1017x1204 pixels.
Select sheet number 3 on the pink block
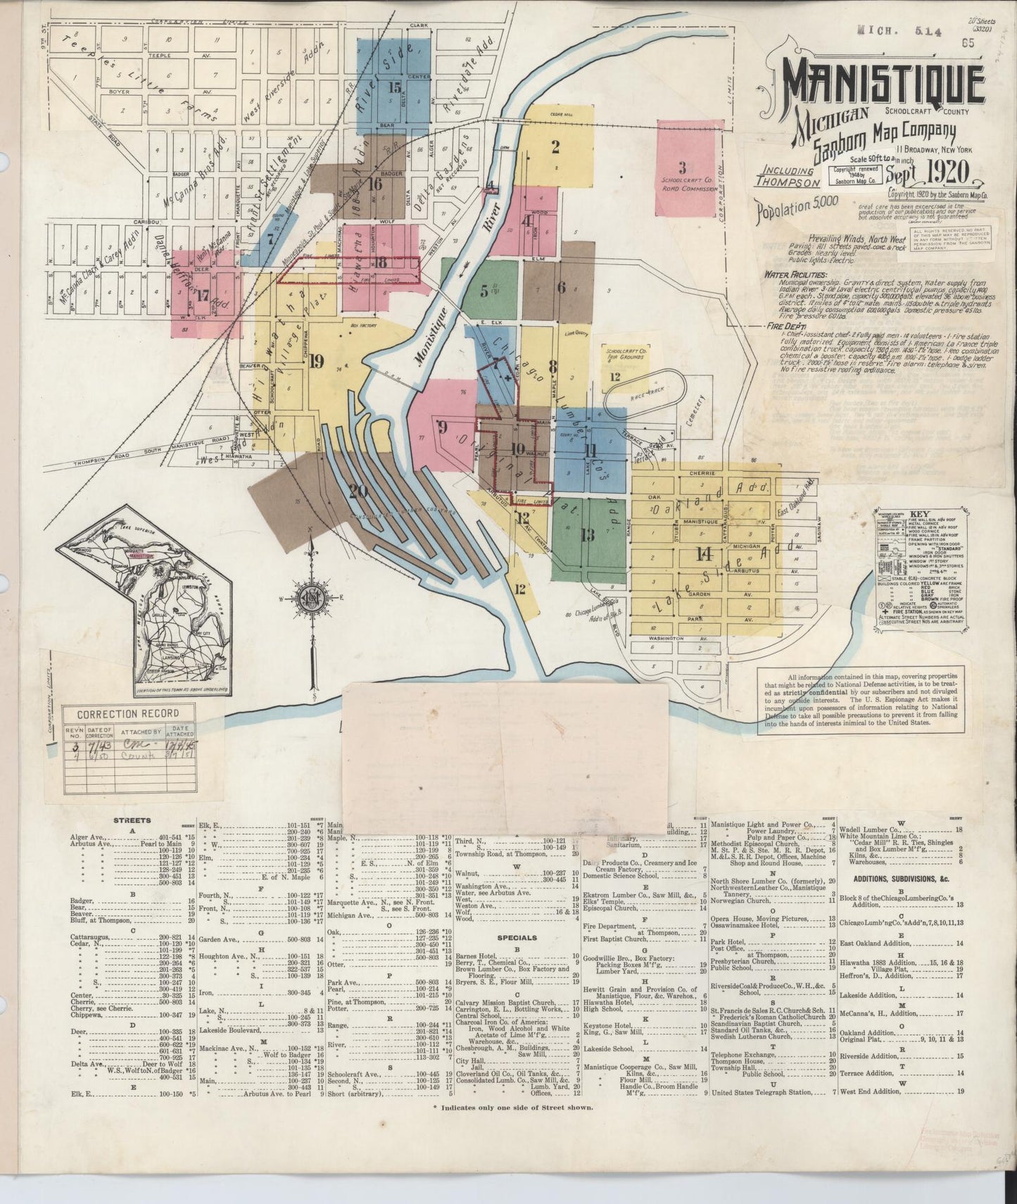pyautogui.click(x=681, y=168)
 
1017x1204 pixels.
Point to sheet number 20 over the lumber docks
pyautogui.click(x=358, y=491)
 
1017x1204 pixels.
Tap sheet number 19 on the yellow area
pyautogui.click(x=315, y=362)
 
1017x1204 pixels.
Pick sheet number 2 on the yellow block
pyautogui.click(x=555, y=147)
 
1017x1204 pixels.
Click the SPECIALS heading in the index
pyautogui.click(x=517, y=938)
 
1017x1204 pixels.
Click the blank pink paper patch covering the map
pyautogui.click(x=505, y=756)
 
